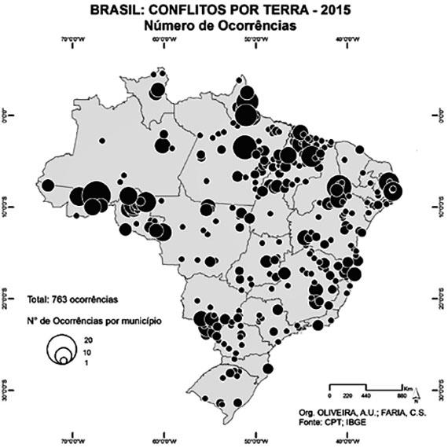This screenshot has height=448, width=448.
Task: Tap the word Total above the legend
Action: click(x=37, y=299)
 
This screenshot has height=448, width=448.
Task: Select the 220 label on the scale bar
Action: click(x=347, y=397)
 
